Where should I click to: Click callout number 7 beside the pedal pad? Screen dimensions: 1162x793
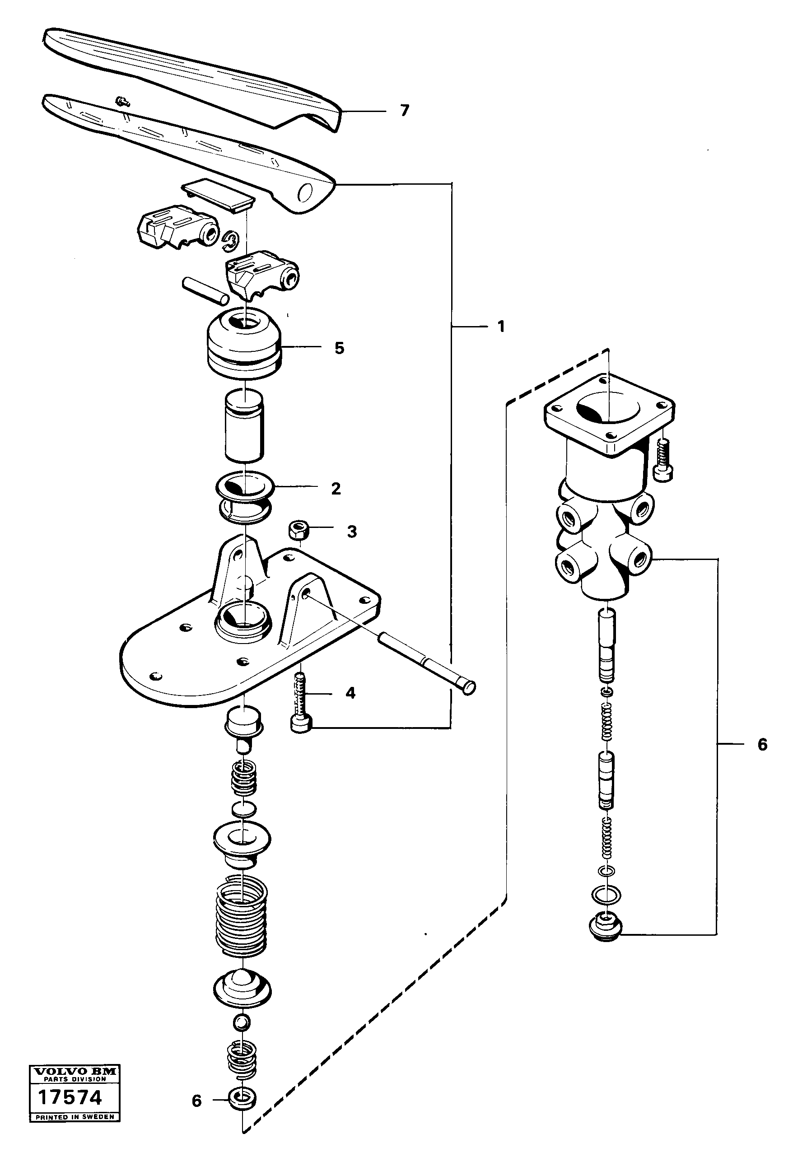coord(405,110)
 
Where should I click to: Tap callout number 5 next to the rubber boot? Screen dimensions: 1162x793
coord(340,348)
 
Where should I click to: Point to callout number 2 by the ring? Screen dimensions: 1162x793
coord(336,489)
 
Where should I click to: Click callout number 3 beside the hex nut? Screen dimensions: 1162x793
coord(352,532)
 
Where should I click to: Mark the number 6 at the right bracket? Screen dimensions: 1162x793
coord(762,745)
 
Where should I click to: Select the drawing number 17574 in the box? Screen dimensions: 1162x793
coord(70,1097)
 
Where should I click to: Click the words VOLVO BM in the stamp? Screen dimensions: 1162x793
coord(75,1071)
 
